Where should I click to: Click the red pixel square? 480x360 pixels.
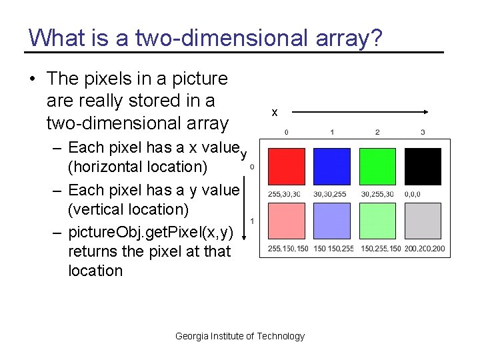(287, 167)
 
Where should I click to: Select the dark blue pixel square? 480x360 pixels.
(332, 167)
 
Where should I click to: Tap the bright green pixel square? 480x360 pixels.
(377, 167)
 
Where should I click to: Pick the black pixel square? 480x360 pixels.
(423, 167)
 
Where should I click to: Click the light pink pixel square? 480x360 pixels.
(287, 221)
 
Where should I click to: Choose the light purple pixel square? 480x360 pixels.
(332, 221)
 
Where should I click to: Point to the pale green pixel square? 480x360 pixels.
(377, 221)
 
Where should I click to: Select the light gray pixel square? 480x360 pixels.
(423, 221)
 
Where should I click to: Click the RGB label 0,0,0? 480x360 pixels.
(413, 194)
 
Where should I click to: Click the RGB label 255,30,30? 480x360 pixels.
(284, 194)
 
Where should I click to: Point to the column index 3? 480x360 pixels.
(423, 132)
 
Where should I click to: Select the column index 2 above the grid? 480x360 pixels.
(377, 132)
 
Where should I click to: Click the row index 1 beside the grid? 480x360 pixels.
(252, 221)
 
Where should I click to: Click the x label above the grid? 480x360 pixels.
(275, 113)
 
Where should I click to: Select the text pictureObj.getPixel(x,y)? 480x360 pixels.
(151, 232)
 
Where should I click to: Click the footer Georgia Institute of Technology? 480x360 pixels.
(240, 336)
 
